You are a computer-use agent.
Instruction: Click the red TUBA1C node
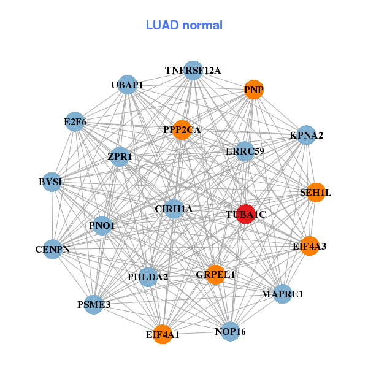pos(245,214)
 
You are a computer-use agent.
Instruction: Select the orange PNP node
pos(254,90)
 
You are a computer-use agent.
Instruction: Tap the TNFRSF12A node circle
pos(193,70)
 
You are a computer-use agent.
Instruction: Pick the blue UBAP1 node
pos(127,85)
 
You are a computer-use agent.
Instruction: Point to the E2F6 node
pos(75,121)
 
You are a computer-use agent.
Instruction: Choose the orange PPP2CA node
pos(182,129)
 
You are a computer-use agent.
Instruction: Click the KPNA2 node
pos(306,135)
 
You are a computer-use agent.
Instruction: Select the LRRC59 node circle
pos(245,151)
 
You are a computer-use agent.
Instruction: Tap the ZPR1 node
pos(120,156)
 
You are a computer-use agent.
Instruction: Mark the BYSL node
pos(52,182)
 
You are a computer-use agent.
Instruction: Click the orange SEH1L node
pos(315,192)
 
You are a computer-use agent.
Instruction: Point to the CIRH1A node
pos(174,209)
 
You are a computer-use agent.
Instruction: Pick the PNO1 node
pos(102,225)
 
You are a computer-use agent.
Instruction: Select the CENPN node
pos(52,249)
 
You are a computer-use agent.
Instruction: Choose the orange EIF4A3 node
pos(309,246)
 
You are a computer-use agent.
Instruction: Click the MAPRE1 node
pos(282,294)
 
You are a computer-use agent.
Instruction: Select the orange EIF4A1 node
pos(163,334)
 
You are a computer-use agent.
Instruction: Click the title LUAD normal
pos(184,25)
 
